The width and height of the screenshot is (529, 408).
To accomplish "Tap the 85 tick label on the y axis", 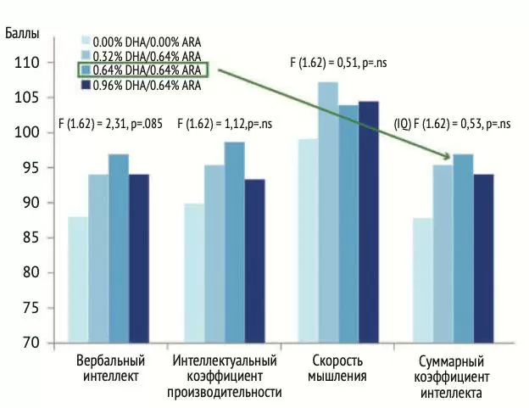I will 29,238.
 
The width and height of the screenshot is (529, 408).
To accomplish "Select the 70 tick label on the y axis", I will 29,343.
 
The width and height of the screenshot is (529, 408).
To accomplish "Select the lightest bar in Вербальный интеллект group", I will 78,279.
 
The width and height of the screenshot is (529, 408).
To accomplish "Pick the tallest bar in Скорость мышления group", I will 328,212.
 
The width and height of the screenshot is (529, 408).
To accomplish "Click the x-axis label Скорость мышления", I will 337,370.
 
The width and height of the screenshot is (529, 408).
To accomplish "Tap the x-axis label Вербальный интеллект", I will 109,370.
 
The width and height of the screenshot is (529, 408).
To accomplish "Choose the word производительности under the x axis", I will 224,393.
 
